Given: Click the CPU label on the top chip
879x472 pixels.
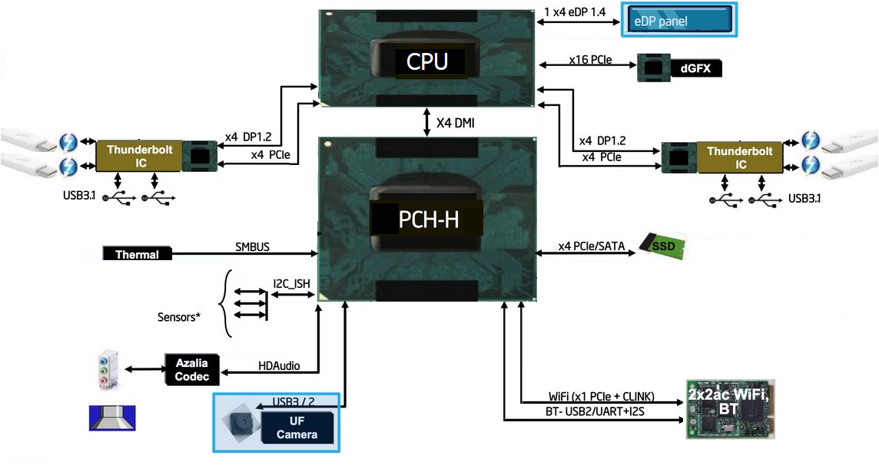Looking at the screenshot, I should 427,61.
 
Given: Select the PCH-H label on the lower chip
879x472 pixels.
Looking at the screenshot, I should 428,220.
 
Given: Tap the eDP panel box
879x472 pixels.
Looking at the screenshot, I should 679,21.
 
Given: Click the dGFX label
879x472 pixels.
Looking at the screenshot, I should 696,69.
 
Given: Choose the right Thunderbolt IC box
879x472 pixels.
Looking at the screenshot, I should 740,157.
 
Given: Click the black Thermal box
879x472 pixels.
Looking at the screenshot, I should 137,254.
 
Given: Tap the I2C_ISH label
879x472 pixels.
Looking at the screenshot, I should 292,284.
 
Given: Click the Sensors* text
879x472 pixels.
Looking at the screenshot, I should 179,316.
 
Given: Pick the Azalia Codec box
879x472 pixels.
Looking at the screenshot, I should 191,369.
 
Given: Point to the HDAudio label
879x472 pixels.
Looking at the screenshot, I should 278,366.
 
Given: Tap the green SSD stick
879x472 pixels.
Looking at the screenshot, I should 662,246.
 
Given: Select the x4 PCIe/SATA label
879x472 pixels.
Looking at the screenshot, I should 591,246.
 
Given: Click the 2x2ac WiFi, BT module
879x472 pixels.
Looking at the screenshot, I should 728,408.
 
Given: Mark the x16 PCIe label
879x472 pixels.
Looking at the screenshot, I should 590,59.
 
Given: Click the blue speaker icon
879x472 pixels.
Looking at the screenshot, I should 112,418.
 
